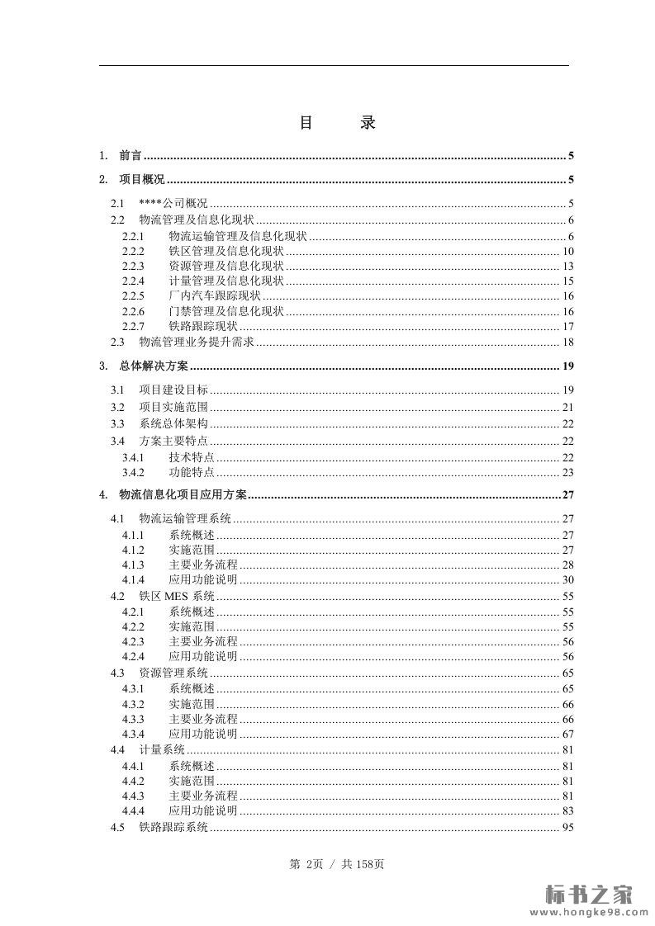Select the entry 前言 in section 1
pos(130,155)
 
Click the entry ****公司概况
pos(173,203)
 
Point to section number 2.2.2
pos(133,251)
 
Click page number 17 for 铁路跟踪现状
pos(567,326)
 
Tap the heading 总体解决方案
pos(154,366)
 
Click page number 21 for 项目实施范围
pos(567,407)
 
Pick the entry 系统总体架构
pos(173,423)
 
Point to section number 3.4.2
pos(133,472)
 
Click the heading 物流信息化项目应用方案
pos(183,495)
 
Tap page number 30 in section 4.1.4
pos(567,579)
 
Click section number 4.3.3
pos(133,719)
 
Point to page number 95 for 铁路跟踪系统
pos(567,827)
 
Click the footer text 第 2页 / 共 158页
pos(337,864)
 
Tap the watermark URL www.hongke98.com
pos(589,912)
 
